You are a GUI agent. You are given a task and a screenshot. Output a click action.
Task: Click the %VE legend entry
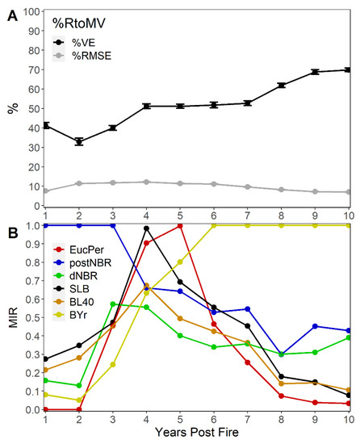pyautogui.click(x=74, y=43)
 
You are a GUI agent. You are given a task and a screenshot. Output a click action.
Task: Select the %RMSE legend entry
pyautogui.click(x=82, y=56)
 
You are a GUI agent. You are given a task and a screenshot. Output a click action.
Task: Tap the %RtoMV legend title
pyautogui.click(x=78, y=23)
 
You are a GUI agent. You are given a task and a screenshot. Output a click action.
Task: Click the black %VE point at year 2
pyautogui.click(x=79, y=141)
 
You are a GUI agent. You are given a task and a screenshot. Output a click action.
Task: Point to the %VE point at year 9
pyautogui.click(x=315, y=72)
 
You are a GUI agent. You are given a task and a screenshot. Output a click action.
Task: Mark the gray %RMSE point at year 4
pyautogui.click(x=146, y=182)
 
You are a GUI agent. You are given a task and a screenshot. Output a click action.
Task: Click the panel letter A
pyautogui.click(x=12, y=16)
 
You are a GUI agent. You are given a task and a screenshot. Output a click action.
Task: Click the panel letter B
pyautogui.click(x=13, y=232)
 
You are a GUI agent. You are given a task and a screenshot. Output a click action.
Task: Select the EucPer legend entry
pyautogui.click(x=78, y=249)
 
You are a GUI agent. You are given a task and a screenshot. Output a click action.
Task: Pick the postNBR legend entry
pyautogui.click(x=82, y=263)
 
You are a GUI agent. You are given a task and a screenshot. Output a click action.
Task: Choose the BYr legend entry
pyautogui.click(x=70, y=315)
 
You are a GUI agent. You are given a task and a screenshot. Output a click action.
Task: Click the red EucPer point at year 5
pyautogui.click(x=180, y=226)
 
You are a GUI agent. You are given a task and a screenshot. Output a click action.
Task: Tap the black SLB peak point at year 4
pyautogui.click(x=146, y=228)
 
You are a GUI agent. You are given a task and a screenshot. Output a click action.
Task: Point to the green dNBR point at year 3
pyautogui.click(x=113, y=304)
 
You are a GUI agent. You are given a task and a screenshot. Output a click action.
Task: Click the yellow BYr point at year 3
pyautogui.click(x=113, y=364)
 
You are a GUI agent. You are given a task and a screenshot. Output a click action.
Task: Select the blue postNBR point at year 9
pyautogui.click(x=315, y=326)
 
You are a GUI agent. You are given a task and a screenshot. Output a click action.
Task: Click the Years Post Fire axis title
pyautogui.click(x=197, y=432)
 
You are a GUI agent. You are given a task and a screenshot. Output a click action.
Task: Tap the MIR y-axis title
pyautogui.click(x=13, y=317)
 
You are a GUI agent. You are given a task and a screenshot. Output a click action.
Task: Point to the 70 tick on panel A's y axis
pyautogui.click(x=34, y=69)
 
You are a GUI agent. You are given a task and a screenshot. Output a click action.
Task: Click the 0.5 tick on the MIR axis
pyautogui.click(x=32, y=318)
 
